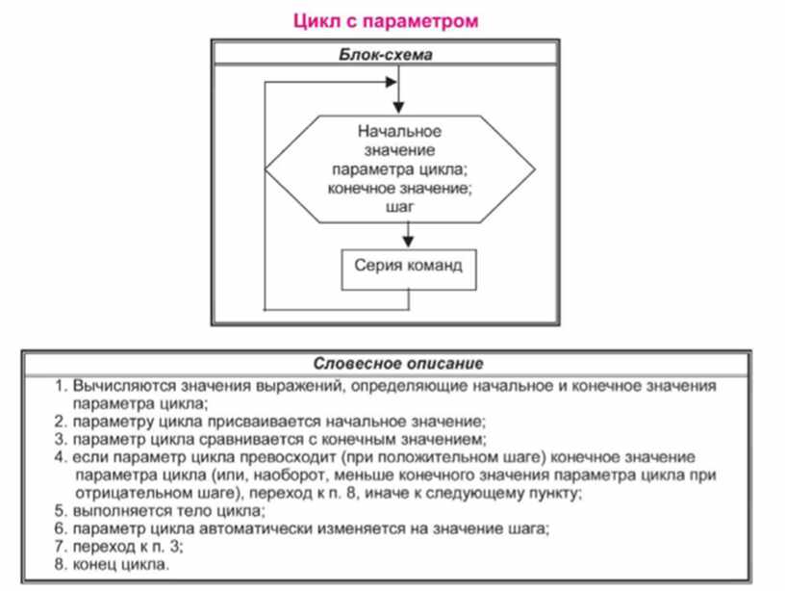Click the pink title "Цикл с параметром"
392,19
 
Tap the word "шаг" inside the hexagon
398,207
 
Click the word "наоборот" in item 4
289,475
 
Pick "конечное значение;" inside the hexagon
399,188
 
